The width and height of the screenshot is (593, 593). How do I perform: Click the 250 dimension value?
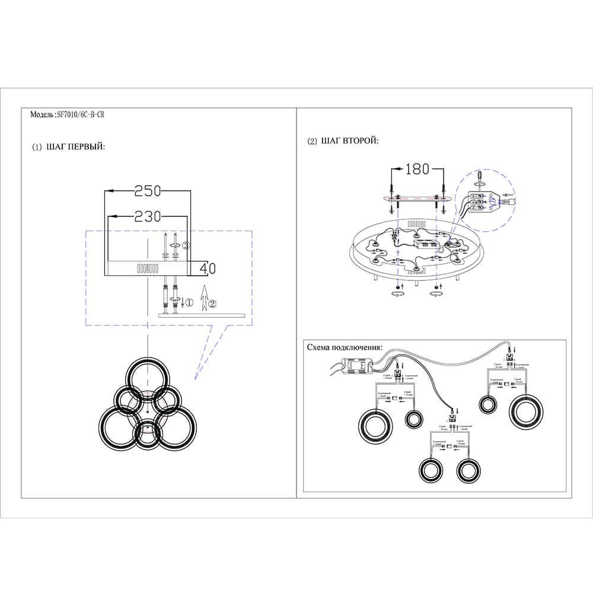pos(148,191)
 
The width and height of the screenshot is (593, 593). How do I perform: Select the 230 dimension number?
pos(148,216)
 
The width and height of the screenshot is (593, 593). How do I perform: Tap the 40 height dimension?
pos(207,268)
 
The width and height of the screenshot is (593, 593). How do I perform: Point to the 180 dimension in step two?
pos(417,170)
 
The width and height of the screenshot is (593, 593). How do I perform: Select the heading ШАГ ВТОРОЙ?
pos(349,141)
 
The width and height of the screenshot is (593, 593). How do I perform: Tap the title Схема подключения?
pos(344,347)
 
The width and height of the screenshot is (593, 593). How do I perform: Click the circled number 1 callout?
pos(189,302)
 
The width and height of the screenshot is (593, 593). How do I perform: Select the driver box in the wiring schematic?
pos(359,366)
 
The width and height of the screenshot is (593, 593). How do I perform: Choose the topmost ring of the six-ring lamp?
pos(148,378)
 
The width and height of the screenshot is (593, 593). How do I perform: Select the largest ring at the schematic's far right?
pos(525,412)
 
